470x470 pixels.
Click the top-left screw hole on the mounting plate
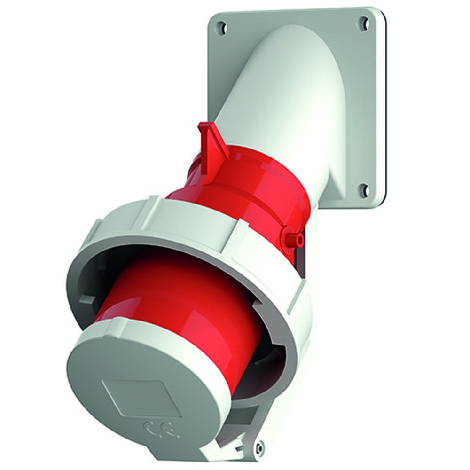[x=223, y=28]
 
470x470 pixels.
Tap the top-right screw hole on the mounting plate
[x=363, y=22]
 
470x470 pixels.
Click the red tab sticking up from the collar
[x=211, y=139]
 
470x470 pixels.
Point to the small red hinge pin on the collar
[x=297, y=240]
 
